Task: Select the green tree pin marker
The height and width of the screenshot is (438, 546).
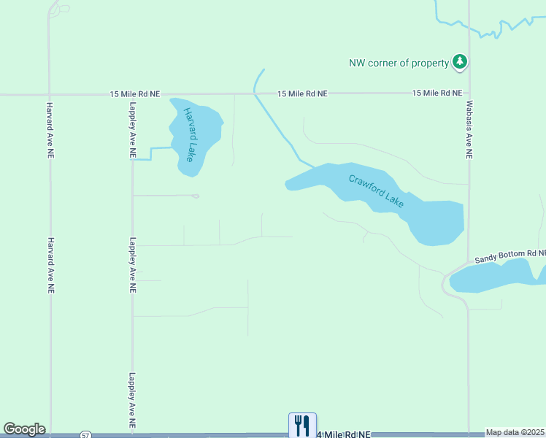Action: (x=459, y=62)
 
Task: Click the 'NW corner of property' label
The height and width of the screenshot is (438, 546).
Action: (x=399, y=63)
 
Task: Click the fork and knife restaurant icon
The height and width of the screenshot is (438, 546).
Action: (x=301, y=425)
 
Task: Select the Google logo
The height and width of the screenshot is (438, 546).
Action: (x=24, y=429)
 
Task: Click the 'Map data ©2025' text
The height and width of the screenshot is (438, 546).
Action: (x=515, y=432)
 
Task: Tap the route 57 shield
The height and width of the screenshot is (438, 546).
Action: (x=85, y=435)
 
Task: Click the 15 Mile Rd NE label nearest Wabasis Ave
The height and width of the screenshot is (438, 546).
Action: (x=437, y=93)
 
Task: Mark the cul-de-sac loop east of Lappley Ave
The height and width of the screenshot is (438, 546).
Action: (x=195, y=196)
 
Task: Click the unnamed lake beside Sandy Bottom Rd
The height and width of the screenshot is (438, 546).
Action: (x=496, y=276)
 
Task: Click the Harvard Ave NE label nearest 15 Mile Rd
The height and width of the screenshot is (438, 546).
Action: (x=51, y=130)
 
